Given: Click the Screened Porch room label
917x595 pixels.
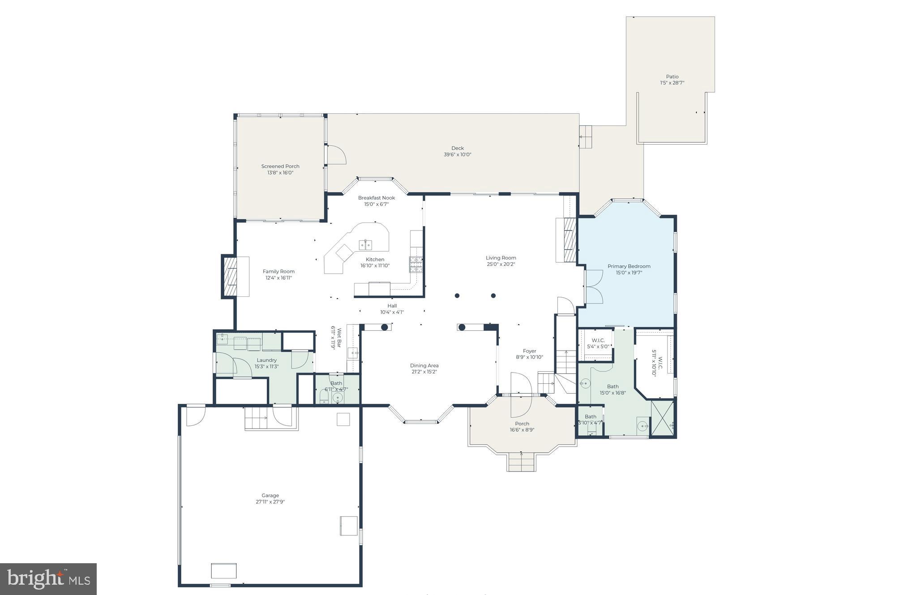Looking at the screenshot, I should tap(280, 166).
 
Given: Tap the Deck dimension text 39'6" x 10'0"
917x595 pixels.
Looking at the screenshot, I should tap(457, 154).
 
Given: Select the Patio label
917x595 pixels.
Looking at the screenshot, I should tap(672, 77).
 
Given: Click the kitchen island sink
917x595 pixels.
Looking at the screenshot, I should tap(365, 244).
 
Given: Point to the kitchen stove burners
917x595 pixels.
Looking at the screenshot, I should tap(416, 265).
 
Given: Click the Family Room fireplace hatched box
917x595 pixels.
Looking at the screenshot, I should tap(231, 276).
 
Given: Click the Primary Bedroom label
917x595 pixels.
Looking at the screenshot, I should tap(629, 266).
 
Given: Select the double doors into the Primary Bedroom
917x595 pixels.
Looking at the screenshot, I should tap(594, 287).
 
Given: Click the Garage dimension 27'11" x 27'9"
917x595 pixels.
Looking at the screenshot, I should tap(270, 502).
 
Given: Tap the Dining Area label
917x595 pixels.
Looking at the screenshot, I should tap(424, 365).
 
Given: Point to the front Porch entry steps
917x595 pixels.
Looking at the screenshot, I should tap(521, 462).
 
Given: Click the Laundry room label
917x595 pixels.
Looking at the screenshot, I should tap(266, 360).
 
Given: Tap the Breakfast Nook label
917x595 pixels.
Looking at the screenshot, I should tap(376, 198).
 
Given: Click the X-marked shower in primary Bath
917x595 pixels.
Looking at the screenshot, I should tap(662, 418).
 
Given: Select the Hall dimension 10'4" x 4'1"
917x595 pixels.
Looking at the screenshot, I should tap(392, 312).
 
